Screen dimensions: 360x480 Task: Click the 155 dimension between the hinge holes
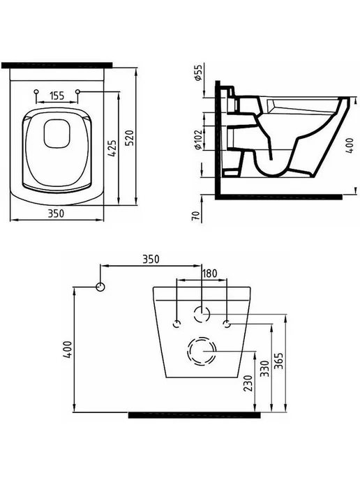tap(57, 96)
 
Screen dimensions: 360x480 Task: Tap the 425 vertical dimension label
tap(112, 149)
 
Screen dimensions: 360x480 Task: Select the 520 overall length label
tap(130, 138)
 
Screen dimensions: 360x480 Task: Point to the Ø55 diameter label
tap(198, 73)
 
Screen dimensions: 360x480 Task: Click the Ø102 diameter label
tap(198, 140)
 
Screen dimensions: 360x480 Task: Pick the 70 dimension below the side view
tap(197, 216)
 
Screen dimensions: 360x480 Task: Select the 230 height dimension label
tap(248, 383)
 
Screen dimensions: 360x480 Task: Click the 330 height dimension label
tap(264, 368)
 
